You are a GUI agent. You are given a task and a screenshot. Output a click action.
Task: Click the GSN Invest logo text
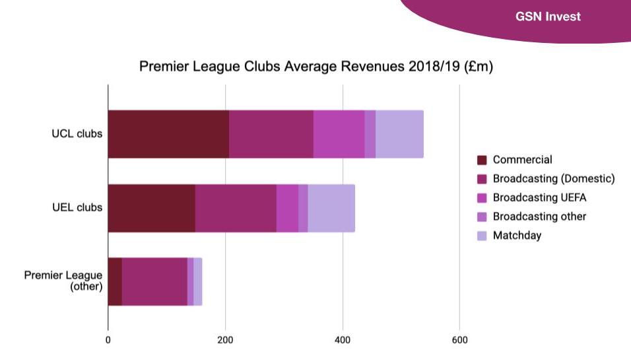tap(548, 17)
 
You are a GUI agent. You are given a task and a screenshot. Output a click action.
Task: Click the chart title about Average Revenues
tap(316, 67)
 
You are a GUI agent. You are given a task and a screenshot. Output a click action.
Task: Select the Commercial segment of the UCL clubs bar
tap(168, 134)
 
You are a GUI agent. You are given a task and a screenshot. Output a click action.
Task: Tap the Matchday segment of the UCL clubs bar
tap(399, 134)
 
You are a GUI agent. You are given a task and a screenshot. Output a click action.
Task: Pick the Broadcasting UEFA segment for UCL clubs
tap(339, 134)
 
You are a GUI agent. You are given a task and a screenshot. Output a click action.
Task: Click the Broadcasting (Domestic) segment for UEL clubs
tap(236, 208)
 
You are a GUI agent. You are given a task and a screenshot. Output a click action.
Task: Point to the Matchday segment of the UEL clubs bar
tap(331, 208)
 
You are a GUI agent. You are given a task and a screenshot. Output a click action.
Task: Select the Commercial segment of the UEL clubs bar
tap(151, 208)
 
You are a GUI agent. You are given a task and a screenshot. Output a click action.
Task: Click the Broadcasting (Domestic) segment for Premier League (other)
tap(154, 282)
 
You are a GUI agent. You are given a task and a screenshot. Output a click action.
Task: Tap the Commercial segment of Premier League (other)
tap(115, 282)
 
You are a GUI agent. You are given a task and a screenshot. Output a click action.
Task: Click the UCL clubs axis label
tap(77, 134)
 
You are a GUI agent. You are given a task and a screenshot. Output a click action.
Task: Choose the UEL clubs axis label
tap(77, 208)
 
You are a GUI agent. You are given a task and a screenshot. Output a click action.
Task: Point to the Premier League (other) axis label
tap(63, 281)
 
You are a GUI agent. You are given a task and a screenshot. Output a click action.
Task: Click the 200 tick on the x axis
tap(225, 340)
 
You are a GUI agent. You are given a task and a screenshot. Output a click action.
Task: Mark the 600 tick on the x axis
tap(459, 340)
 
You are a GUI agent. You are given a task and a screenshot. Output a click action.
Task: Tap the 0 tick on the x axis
tap(108, 340)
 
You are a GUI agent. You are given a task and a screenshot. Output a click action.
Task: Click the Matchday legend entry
tap(517, 236)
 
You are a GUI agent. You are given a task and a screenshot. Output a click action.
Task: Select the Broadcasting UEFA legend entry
tap(539, 198)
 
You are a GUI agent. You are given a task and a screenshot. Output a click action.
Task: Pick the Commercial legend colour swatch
tap(482, 160)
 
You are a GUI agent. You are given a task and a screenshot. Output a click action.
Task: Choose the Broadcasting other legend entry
tap(539, 217)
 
